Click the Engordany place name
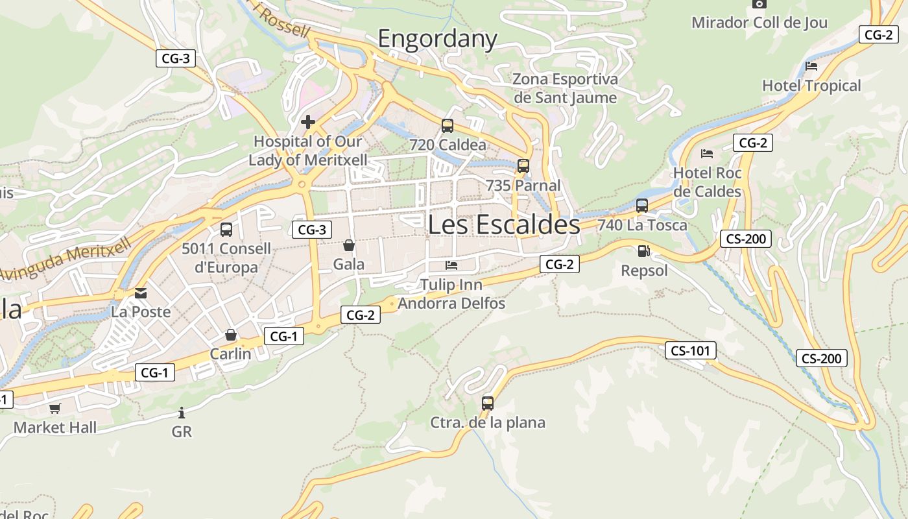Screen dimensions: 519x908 [437, 39]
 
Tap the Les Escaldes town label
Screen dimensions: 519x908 [504, 224]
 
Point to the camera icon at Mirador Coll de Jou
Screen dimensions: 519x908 [759, 3]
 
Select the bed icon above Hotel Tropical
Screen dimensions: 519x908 [811, 66]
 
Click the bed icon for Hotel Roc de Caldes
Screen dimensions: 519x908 [707, 154]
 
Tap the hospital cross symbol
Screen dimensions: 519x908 [308, 121]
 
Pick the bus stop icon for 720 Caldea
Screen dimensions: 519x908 [448, 126]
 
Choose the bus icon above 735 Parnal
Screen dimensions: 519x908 [523, 166]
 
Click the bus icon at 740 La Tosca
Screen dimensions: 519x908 [642, 206]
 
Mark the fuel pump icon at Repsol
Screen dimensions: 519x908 [643, 251]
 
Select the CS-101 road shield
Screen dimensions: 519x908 [691, 351]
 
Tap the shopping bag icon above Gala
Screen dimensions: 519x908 [349, 245]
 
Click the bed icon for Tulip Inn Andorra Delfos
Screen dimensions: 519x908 [451, 265]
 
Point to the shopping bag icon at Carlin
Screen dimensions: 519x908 [230, 335]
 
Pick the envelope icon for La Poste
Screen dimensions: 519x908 [141, 293]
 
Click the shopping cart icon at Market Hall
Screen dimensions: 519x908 [55, 408]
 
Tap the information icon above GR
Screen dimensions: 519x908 [182, 413]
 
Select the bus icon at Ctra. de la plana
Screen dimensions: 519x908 [488, 404]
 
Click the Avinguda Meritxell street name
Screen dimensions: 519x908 [66, 259]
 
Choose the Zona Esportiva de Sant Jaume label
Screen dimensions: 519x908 [565, 88]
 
